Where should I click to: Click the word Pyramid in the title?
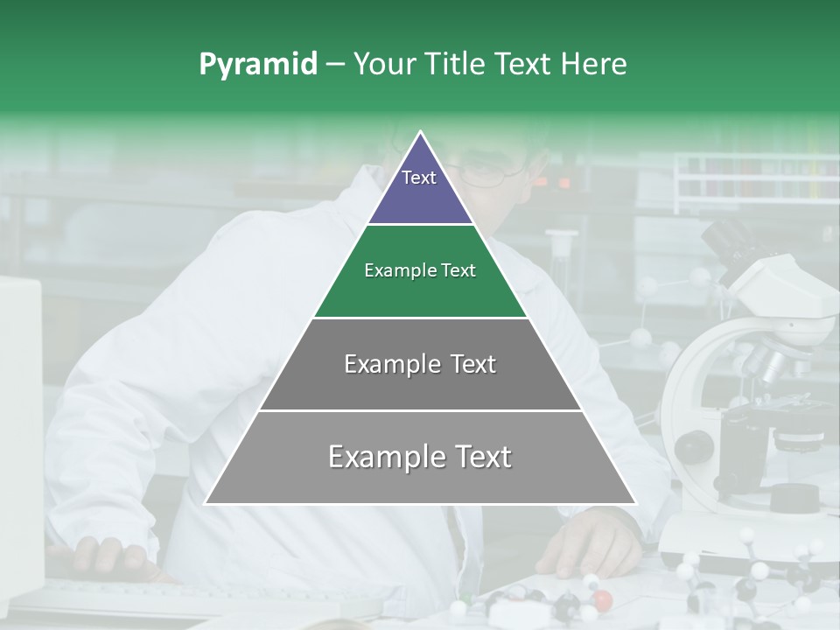[x=257, y=65]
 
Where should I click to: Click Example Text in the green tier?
[x=420, y=270]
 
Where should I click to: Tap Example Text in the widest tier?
[x=420, y=457]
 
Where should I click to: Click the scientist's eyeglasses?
[x=494, y=172]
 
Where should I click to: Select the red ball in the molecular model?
[x=601, y=599]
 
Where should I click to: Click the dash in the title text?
[x=334, y=65]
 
